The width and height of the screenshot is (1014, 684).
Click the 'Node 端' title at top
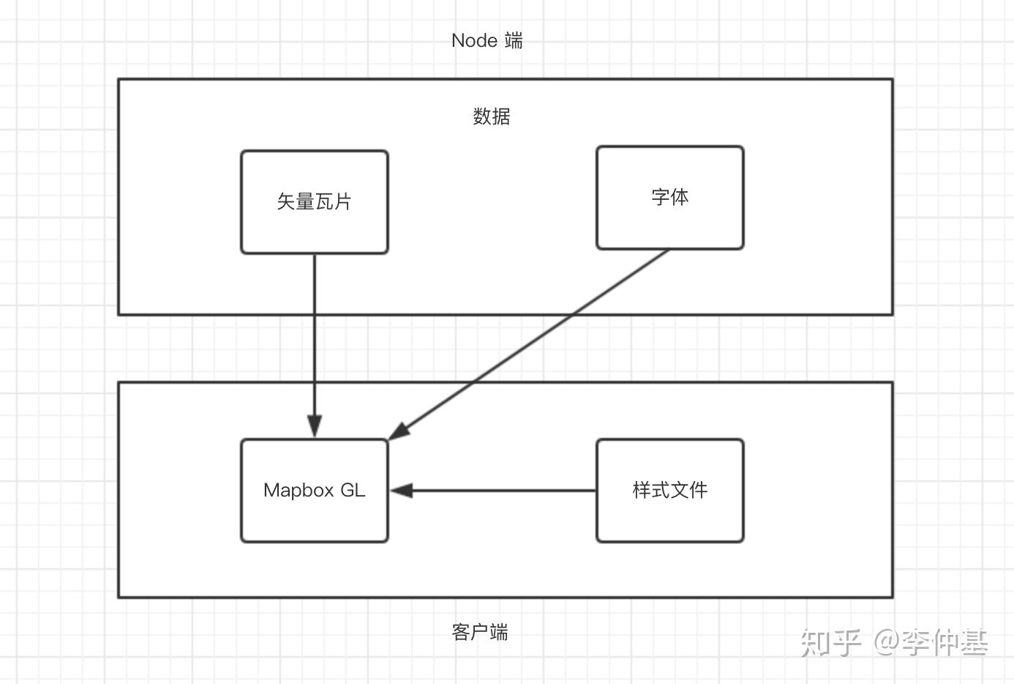[487, 40]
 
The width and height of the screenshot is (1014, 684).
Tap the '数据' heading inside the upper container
[492, 116]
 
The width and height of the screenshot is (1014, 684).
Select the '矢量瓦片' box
[315, 202]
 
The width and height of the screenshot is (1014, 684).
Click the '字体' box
[670, 198]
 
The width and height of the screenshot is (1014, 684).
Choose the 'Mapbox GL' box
[315, 491]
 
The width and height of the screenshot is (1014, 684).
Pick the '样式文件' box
[670, 491]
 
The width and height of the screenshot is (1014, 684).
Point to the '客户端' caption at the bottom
[480, 632]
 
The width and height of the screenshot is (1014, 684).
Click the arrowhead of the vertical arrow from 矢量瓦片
[315, 426]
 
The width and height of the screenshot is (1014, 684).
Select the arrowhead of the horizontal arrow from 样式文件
[402, 491]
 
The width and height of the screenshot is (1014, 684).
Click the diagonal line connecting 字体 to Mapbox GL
[529, 344]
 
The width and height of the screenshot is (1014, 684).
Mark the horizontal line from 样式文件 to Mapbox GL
[493, 491]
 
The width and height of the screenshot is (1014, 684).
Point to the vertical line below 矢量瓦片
[315, 346]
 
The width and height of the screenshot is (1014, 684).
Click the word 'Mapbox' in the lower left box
[298, 491]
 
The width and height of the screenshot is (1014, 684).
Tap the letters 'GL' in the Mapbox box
[353, 490]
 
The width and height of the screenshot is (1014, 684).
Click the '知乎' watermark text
[830, 642]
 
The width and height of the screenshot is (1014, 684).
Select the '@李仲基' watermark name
[931, 642]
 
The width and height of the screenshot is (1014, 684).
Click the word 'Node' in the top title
[474, 40]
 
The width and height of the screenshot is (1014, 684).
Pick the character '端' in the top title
[514, 40]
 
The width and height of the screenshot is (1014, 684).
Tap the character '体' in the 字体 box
[680, 197]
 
